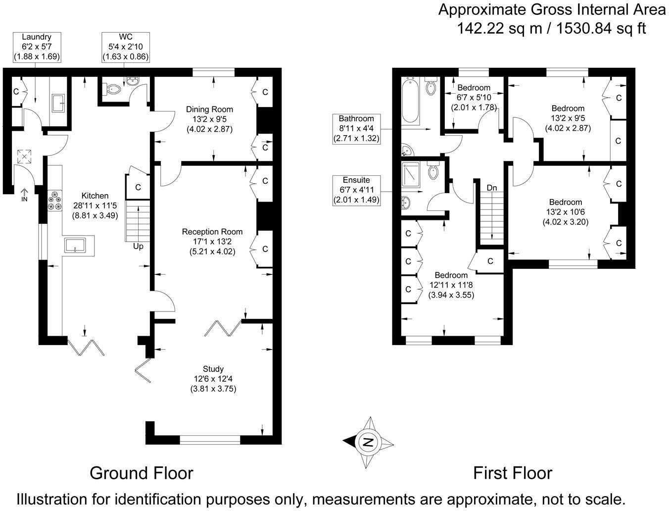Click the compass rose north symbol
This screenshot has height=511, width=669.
pos(368,442)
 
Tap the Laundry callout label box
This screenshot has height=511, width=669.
pos(37,47)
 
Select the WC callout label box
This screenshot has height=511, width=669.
pos(125,47)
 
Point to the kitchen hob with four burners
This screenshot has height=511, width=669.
pos(54,201)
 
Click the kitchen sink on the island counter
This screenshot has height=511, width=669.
pos(75,246)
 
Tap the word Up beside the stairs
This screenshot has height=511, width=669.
pos(138,246)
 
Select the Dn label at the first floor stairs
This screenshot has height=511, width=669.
pos(492,188)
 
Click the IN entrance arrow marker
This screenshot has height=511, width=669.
pos(24,194)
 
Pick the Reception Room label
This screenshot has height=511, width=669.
pos(212,241)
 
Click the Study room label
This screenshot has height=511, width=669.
pos(213,379)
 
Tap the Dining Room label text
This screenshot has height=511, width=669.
pos(209,119)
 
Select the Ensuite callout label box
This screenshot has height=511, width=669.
pos(356,190)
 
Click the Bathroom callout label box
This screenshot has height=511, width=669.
pos(356,128)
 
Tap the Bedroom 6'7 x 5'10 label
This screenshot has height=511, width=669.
pos(474,97)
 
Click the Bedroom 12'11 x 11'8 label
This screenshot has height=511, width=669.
pos(451,285)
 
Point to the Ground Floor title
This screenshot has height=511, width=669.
pos(141,473)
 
